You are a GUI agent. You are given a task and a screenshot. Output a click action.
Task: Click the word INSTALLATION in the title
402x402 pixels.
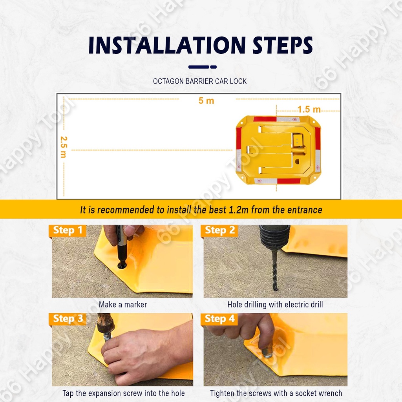click(x=167, y=45)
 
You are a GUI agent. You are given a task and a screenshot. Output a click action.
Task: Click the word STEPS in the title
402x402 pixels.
click(x=283, y=45)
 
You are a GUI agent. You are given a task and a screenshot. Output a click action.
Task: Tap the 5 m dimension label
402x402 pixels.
click(x=206, y=100)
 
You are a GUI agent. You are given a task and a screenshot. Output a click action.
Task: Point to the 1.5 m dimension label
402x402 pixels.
click(x=309, y=110)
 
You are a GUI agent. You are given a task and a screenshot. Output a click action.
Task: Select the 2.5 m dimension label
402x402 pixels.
click(x=64, y=147)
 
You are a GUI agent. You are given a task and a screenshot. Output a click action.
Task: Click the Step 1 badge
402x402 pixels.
click(x=68, y=230)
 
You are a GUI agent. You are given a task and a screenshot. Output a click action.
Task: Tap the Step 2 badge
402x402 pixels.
click(x=219, y=230)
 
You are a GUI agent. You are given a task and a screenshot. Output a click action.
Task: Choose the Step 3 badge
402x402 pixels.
click(x=68, y=319)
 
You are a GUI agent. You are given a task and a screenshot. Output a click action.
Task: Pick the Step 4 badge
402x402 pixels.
click(x=219, y=319)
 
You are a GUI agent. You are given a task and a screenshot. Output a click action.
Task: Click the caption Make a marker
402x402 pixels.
click(x=123, y=305)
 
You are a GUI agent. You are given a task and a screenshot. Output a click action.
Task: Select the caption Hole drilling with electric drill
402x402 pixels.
click(x=275, y=305)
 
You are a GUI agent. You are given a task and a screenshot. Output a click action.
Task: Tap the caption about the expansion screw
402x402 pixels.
click(x=124, y=393)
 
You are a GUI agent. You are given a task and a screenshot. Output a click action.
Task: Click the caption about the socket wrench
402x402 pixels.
click(x=276, y=393)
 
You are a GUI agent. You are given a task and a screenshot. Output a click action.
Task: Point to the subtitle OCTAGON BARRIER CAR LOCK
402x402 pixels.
click(x=200, y=81)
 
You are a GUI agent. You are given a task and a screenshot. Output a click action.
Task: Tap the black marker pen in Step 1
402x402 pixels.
click(x=121, y=247)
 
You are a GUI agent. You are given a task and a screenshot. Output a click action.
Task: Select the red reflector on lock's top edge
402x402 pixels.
click(x=265, y=119)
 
